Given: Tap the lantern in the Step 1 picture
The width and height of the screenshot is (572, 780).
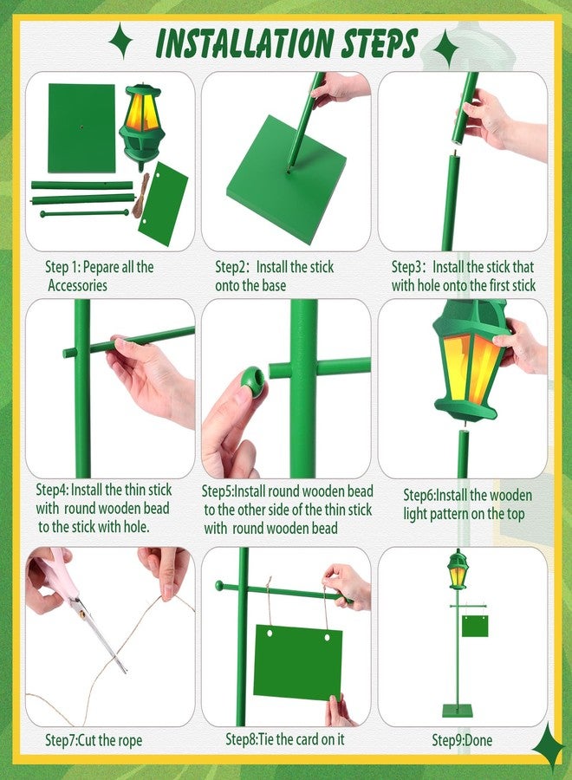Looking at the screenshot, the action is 142,125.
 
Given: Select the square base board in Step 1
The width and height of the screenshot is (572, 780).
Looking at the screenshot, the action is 81,128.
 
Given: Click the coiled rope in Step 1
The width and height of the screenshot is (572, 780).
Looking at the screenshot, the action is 140,196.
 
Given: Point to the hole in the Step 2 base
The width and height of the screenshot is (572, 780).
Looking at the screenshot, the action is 289,172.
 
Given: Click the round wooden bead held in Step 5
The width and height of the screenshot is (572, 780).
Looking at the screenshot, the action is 252,383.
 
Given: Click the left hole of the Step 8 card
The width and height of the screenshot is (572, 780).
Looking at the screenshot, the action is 270,634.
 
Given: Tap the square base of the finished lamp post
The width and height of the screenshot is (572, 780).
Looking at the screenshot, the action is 458,710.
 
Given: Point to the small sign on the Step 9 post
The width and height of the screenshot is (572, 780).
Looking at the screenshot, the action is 475,626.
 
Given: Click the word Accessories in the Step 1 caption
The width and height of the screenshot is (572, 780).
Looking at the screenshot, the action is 78,285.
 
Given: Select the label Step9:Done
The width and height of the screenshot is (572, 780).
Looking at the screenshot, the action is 462,740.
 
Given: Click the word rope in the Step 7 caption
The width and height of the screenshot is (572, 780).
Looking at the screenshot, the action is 129,741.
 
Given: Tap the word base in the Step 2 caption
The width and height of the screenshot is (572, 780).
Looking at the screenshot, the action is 273,285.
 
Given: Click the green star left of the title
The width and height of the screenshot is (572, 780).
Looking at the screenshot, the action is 120,41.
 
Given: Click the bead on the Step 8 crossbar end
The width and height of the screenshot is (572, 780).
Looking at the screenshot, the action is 218,585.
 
